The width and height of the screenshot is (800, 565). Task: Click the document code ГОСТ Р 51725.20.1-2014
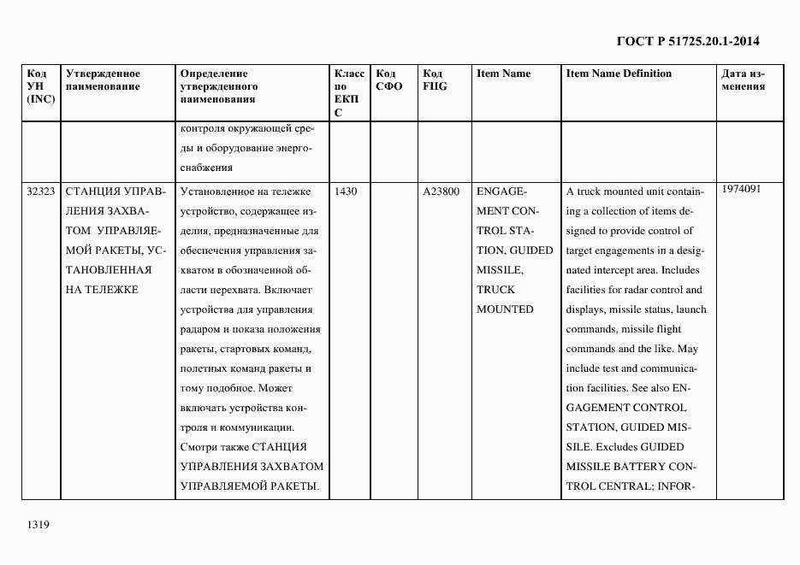[688, 40]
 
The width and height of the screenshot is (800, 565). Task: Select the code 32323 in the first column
[41, 191]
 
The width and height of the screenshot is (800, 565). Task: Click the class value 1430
[346, 191]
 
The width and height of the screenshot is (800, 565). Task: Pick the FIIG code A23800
[441, 191]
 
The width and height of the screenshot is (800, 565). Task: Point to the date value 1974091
[742, 189]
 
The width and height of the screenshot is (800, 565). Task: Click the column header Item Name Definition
[619, 74]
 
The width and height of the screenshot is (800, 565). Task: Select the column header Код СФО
[389, 80]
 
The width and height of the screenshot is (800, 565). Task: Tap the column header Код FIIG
[435, 80]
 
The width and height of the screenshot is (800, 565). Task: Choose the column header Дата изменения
[743, 80]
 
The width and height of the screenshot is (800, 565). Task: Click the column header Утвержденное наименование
[104, 80]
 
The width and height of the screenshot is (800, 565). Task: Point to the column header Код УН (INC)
[41, 86]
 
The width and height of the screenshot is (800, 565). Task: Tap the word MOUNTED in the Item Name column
[504, 309]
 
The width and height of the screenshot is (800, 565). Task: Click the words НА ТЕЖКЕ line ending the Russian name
[101, 290]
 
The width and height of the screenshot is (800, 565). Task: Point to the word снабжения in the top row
[206, 168]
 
